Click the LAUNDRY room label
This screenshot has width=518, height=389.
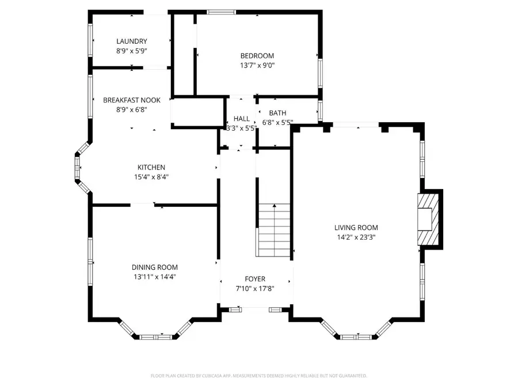[x=132, y=41]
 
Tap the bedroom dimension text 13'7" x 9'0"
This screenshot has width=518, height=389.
[x=257, y=65]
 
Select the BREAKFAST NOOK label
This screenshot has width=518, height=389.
[x=132, y=100]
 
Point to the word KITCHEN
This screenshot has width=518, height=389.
[x=151, y=167]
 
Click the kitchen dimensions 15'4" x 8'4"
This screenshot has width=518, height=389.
[x=151, y=177]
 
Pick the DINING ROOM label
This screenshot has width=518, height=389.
[x=155, y=267]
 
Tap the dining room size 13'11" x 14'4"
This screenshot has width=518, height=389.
[x=155, y=277]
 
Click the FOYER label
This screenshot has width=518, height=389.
[x=255, y=279]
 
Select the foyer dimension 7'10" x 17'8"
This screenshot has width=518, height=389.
[x=255, y=288]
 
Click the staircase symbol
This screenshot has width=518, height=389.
[x=273, y=230]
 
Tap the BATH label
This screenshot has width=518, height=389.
[x=277, y=113]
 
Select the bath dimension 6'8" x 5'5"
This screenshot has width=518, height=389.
[x=278, y=122]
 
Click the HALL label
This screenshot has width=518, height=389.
[x=242, y=118]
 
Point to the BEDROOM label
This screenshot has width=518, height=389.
[x=257, y=55]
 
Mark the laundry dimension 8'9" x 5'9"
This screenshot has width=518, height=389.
[x=132, y=51]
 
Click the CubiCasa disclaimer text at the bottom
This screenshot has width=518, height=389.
[x=258, y=376]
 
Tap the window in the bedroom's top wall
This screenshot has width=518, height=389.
[x=222, y=12]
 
